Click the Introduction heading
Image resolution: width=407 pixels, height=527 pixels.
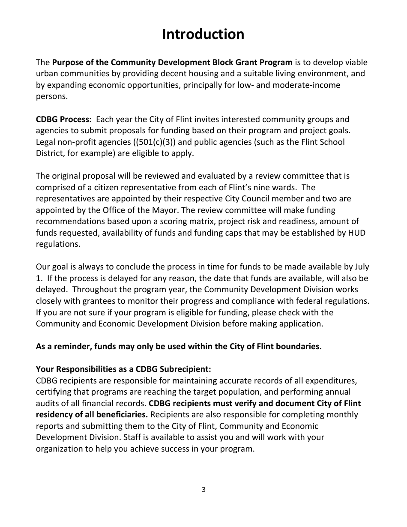(x=203, y=34)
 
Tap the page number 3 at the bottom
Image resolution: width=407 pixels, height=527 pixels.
(x=203, y=490)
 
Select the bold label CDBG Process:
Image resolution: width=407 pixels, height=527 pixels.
(x=63, y=119)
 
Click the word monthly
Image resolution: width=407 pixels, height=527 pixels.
(x=342, y=414)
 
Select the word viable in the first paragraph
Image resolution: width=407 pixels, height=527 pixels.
(x=355, y=62)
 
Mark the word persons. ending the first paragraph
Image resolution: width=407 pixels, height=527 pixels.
(x=51, y=96)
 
